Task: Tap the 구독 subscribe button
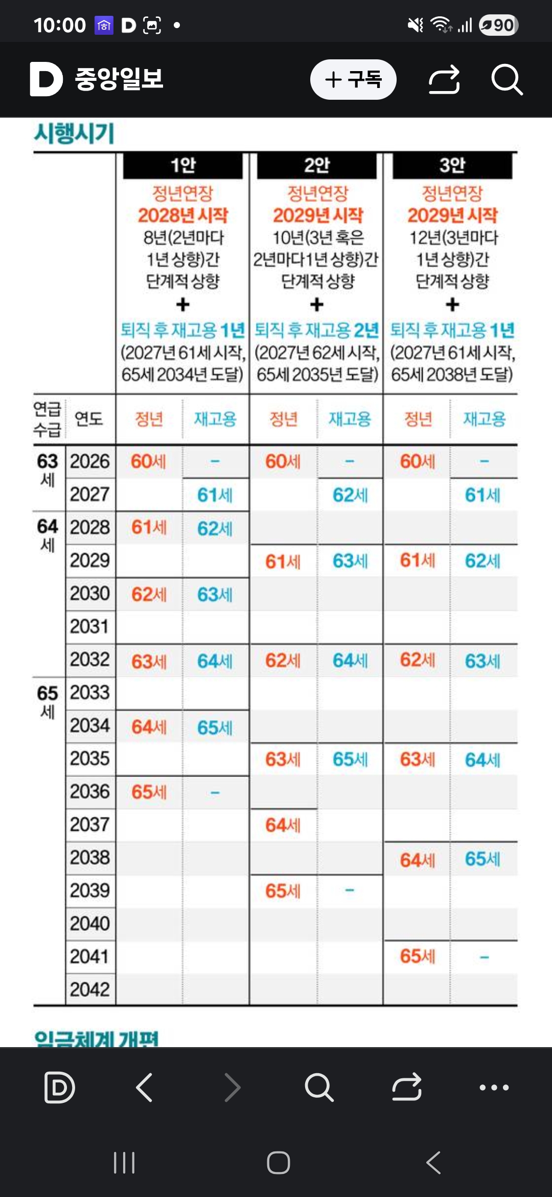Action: tap(353, 79)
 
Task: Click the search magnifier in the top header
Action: tap(507, 79)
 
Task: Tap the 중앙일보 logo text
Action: tap(119, 79)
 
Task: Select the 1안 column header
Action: tap(182, 165)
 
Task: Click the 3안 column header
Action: tap(452, 165)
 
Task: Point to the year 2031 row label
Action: tap(90, 627)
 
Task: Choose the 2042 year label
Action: tap(90, 989)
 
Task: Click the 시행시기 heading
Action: tap(75, 134)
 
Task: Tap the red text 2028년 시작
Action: tap(182, 215)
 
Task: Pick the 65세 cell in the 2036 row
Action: tap(149, 792)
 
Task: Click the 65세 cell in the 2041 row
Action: tap(417, 956)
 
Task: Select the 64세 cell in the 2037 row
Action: tap(283, 825)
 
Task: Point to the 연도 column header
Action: tap(89, 419)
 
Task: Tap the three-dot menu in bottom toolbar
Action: tap(494, 1088)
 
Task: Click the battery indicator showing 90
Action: tap(498, 25)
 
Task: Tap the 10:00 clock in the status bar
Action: tap(59, 25)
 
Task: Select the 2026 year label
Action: tap(90, 461)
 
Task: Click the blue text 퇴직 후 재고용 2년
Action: tap(317, 330)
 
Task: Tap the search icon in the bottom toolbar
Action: tap(319, 1088)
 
